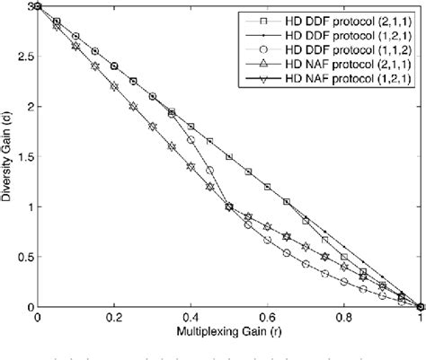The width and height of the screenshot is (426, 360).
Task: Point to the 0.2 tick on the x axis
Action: click(113, 317)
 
